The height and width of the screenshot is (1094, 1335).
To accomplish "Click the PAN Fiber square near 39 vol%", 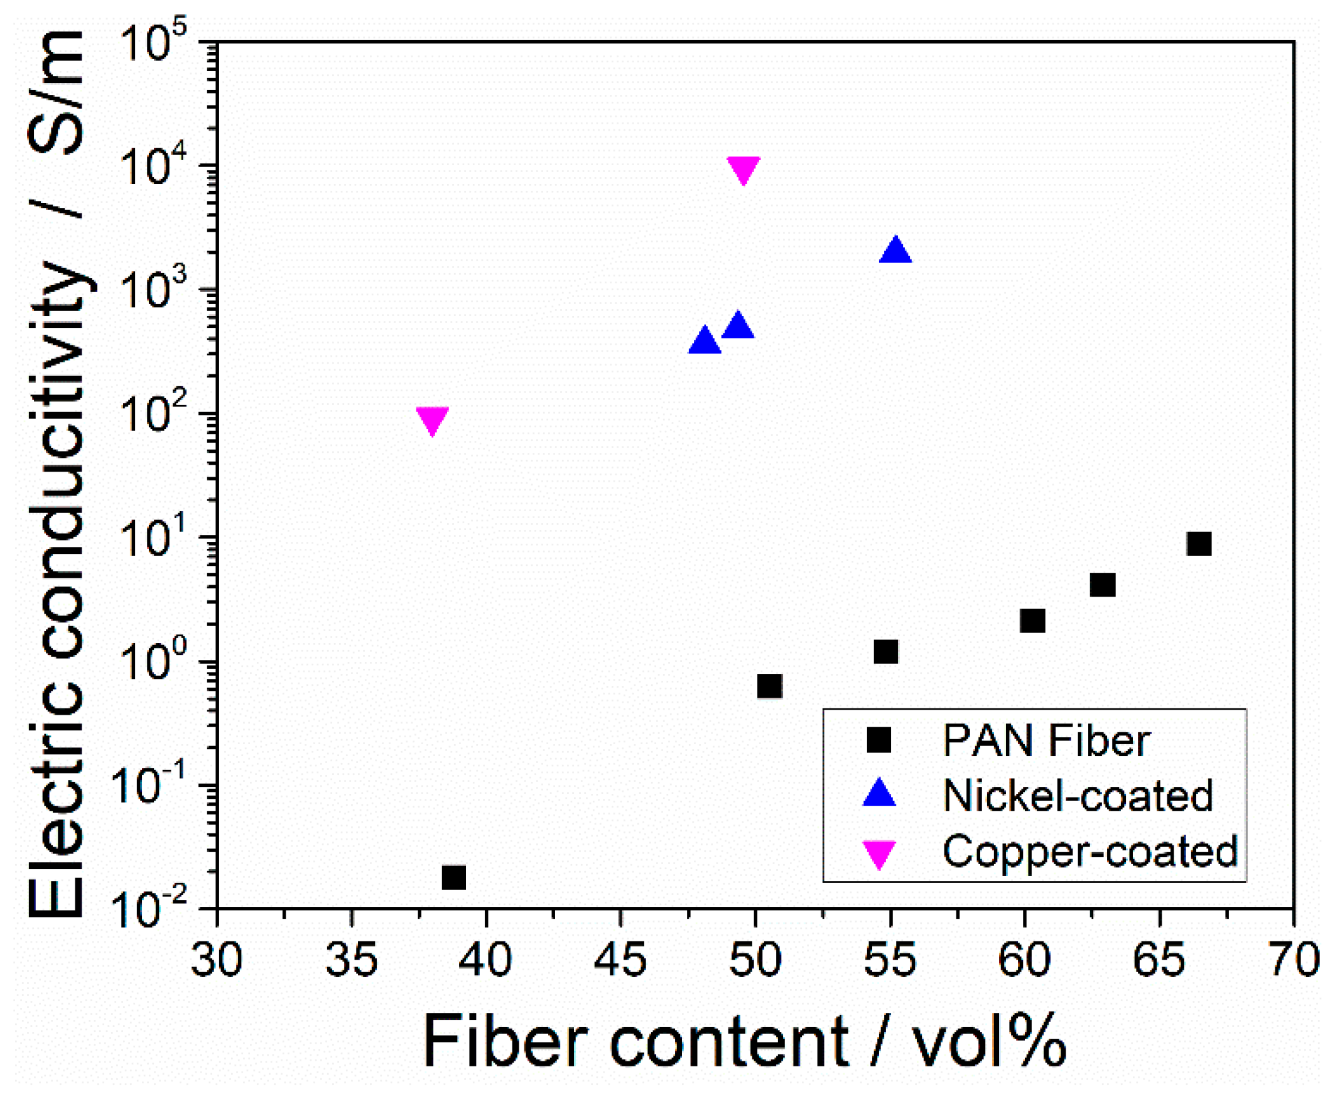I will [453, 877].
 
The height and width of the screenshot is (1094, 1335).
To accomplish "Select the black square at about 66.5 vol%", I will [1199, 543].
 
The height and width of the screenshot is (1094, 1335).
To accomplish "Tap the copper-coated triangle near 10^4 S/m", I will [743, 169].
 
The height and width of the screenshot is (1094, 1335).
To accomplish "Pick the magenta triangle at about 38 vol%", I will [432, 419].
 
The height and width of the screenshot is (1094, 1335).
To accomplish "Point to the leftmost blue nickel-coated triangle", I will [705, 342].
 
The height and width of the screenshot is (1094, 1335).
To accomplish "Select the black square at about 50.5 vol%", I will [769, 686].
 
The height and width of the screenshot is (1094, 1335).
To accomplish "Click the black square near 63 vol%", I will [1103, 585].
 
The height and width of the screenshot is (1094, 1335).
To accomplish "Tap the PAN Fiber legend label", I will [1046, 740].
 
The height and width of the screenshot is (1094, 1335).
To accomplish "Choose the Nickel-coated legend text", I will [1078, 796].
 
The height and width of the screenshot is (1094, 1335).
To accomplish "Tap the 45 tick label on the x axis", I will [620, 960].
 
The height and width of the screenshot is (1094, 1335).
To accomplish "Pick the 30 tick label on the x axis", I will [217, 960].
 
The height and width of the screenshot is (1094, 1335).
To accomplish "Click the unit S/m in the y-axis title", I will [57, 92].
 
